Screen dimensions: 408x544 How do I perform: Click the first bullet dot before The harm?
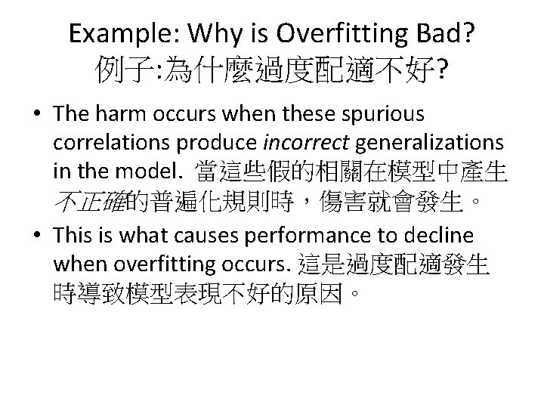pos(37,115)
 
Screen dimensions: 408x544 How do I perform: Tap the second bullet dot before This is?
pos(37,236)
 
